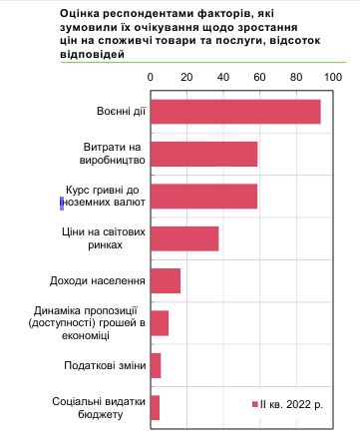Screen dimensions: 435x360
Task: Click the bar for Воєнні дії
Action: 235,112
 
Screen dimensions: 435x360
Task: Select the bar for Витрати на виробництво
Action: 203,154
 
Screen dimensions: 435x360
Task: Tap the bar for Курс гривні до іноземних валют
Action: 203,196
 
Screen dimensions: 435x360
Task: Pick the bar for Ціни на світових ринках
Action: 184,237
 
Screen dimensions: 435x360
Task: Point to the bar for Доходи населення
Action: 166,281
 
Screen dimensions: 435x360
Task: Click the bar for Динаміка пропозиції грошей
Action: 160,323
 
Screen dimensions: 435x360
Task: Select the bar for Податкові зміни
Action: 156,365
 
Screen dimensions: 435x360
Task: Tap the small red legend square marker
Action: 254,404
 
